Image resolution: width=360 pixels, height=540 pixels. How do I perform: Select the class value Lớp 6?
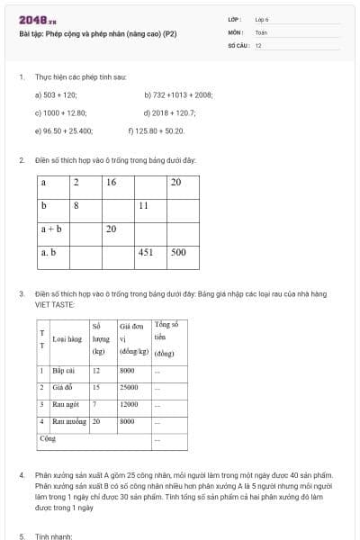coord(261,19)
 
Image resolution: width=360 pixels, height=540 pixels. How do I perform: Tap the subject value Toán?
coord(260,31)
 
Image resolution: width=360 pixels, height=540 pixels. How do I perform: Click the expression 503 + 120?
coord(59,94)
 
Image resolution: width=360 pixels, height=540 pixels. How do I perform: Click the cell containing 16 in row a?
coord(112,183)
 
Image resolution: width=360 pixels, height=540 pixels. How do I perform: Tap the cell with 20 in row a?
coord(176,183)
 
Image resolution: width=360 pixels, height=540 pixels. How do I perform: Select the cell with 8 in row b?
coord(77,206)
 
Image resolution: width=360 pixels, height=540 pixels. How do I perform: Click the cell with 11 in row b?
coord(143,206)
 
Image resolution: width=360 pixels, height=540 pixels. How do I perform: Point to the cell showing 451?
coord(146,253)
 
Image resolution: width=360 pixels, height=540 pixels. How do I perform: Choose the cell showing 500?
coord(179,253)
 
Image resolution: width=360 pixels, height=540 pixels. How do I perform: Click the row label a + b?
coord(51,229)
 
